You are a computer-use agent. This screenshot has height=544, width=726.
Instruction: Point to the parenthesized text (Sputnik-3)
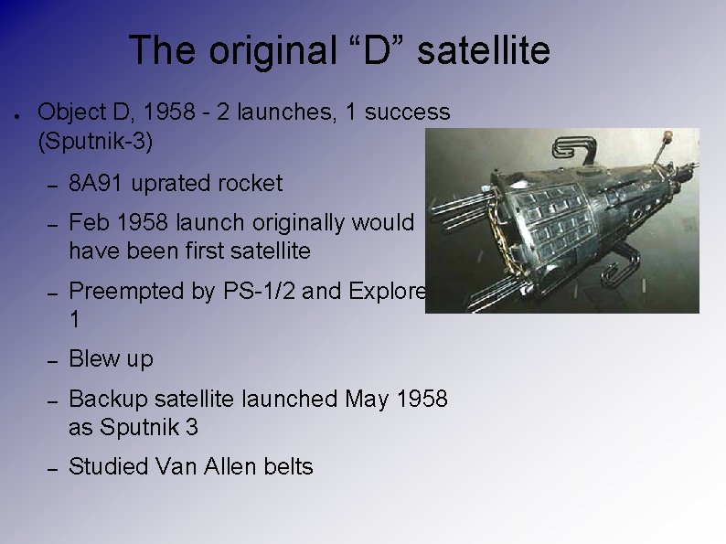click(x=95, y=142)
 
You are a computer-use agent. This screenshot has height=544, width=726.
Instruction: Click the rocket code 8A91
click(x=97, y=183)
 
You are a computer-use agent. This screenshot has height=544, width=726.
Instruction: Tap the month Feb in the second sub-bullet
click(x=88, y=222)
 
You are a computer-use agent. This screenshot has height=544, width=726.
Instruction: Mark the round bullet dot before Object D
click(x=18, y=115)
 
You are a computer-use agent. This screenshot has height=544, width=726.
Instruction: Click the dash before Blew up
click(x=52, y=360)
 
